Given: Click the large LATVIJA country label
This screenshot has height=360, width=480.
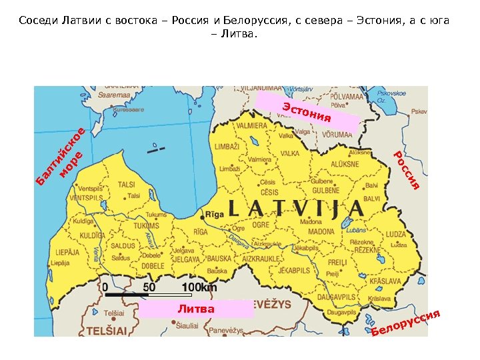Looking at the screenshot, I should tap(296, 208).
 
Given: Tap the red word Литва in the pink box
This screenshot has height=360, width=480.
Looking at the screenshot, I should tap(197, 309).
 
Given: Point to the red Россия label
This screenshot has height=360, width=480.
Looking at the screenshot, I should tap(406, 170).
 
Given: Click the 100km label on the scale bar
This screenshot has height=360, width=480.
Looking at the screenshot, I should tap(199, 288).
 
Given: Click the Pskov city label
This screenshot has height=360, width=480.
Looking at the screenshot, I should tap(419, 111).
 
